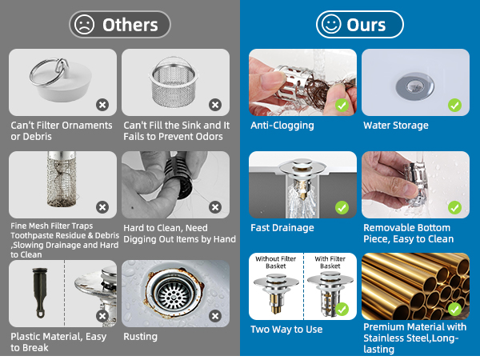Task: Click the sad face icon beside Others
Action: point(84,25)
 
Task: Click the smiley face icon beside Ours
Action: point(331,25)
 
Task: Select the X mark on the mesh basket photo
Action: point(215,105)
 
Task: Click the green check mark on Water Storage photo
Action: point(454,105)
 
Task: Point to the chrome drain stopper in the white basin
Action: point(414,86)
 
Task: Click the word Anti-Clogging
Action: point(282,126)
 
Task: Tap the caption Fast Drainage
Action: point(282,228)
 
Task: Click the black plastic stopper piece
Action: point(40,292)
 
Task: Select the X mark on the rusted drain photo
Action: point(215,316)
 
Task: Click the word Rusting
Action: point(140,337)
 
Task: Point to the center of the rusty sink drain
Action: point(173,294)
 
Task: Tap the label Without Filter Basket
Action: point(275,262)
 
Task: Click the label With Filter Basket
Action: point(330,262)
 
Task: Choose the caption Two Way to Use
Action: point(286,330)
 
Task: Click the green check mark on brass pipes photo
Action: point(454,309)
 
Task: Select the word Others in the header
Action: point(130,25)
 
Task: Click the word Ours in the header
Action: point(366,25)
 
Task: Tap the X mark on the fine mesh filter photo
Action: point(102,207)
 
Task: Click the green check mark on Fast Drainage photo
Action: point(342,207)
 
